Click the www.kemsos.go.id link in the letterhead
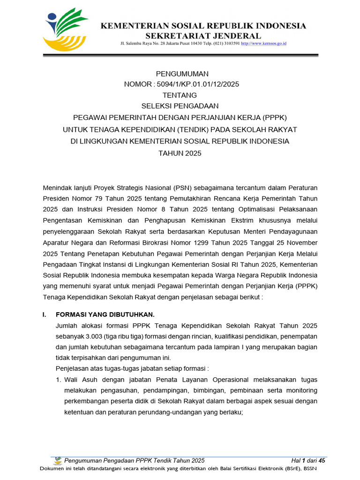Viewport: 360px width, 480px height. pos(263,44)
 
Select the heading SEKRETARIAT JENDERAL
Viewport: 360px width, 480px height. pos(203,36)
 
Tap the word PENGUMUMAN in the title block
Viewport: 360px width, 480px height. pos(182,74)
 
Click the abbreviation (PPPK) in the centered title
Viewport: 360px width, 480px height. pos(274,118)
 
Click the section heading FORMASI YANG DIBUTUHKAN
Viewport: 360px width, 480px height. pos(105,314)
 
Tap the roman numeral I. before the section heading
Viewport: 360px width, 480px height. pos(45,314)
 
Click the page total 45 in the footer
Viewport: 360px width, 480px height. pos(322,461)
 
